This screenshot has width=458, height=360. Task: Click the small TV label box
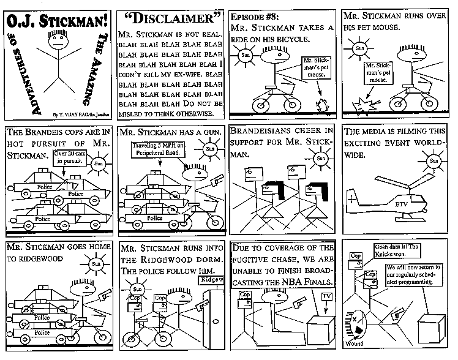tap(327, 297)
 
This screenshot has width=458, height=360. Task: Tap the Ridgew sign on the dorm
tap(211, 279)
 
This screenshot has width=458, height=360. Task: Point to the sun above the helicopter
tap(434, 161)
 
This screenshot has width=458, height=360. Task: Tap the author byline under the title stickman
tap(76, 114)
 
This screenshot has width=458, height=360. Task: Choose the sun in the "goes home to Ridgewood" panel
tap(95, 264)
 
